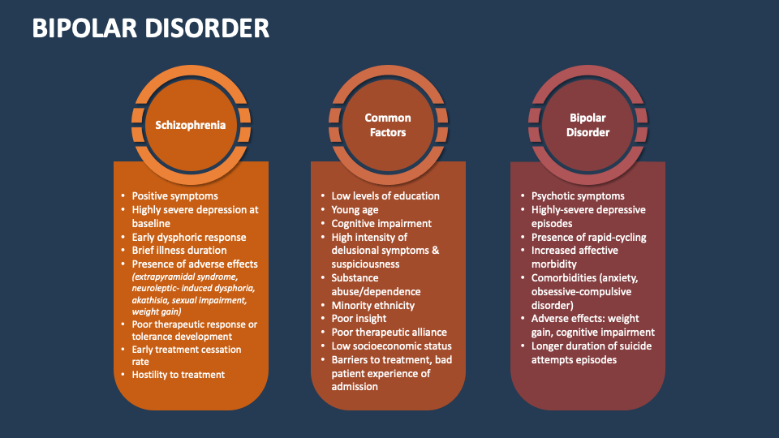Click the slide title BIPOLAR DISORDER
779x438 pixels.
[151, 28]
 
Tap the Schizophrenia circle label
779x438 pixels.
[191, 125]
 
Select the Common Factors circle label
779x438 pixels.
[388, 125]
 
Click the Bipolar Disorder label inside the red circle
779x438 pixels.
[587, 125]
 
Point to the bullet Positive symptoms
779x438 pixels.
[175, 195]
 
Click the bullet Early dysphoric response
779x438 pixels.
[189, 237]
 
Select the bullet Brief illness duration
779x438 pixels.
[179, 251]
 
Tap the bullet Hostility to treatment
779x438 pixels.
[179, 375]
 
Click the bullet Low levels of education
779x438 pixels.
[385, 195]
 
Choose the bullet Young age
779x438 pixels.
[355, 209]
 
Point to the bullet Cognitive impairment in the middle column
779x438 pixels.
[381, 223]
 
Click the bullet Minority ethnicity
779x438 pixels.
[373, 306]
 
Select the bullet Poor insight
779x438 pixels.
[358, 320]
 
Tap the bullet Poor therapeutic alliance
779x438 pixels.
[389, 333]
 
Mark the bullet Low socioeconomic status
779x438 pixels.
[392, 346]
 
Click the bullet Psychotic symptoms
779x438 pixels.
[578, 195]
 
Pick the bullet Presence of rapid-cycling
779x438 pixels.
[589, 237]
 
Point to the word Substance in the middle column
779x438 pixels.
[355, 278]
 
